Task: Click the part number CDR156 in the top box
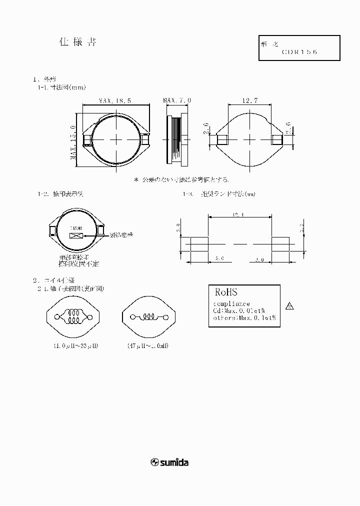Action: [x=299, y=51]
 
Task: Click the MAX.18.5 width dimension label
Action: [x=115, y=100]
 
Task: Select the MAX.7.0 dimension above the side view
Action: [x=177, y=100]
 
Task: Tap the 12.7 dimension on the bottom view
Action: [x=249, y=100]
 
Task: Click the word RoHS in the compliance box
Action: [x=225, y=292]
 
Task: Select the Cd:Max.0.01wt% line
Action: [x=239, y=310]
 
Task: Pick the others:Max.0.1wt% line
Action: [x=244, y=317]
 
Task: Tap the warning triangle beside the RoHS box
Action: [x=289, y=306]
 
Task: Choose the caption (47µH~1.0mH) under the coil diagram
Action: [x=148, y=345]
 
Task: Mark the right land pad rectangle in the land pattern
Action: [x=280, y=244]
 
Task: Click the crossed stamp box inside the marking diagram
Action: [x=76, y=235]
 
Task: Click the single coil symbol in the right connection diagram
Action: [x=148, y=317]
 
